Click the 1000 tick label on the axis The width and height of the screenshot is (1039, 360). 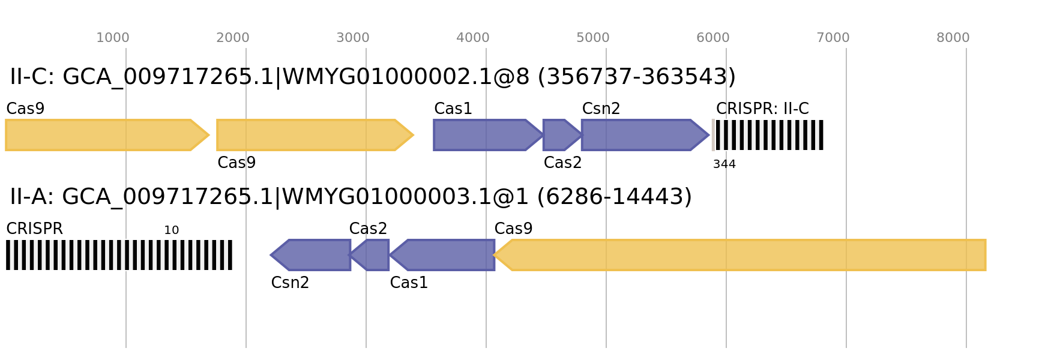coord(113,38)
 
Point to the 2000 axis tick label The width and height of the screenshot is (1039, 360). coord(233,38)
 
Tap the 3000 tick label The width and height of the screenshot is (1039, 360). coord(353,38)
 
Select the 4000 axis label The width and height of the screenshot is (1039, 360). coord(473,38)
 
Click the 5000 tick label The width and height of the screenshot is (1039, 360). coord(593,38)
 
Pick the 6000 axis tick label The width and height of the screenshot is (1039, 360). coord(713,38)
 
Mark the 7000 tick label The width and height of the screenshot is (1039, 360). coord(833,38)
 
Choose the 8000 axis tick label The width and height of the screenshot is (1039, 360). coord(953,38)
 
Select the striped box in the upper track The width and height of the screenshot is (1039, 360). coord(768,135)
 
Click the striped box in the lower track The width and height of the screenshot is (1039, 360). coord(119,255)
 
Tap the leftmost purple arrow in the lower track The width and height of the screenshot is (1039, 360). coord(312,255)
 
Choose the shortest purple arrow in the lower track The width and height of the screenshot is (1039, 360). coord(372,255)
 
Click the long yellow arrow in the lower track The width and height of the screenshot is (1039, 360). coord(744,255)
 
